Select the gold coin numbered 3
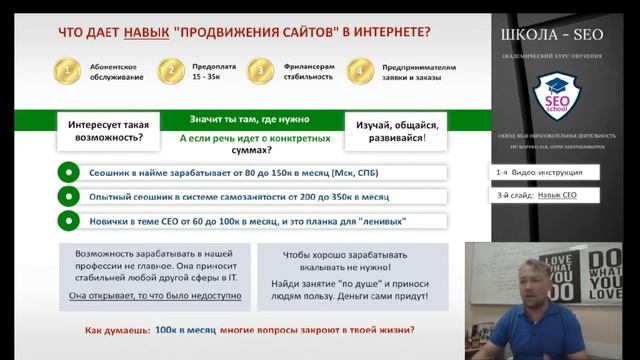pyautogui.click(x=262, y=71)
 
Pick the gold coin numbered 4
pyautogui.click(x=357, y=71)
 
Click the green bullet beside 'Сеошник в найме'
pyautogui.click(x=67, y=172)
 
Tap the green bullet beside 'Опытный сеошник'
pyautogui.click(x=67, y=196)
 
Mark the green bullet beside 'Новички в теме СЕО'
pyautogui.click(x=67, y=220)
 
